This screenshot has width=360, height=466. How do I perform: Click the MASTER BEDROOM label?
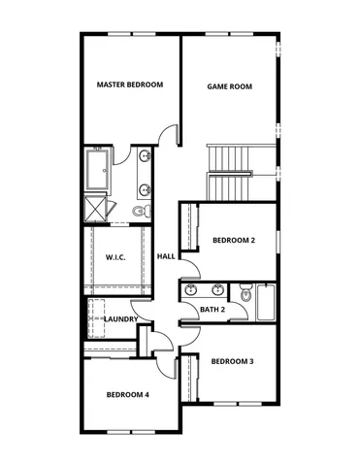[130, 85]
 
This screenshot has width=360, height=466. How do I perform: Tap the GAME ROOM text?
[230, 86]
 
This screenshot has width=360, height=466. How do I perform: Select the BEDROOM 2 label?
[233, 240]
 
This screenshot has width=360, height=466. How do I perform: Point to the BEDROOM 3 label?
[233, 361]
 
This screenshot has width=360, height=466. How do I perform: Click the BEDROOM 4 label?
[127, 394]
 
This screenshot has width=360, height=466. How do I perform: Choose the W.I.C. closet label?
[116, 257]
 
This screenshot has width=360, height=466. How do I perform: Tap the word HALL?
[166, 256]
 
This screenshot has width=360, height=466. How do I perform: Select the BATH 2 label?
[213, 310]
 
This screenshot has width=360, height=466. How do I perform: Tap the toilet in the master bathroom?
[140, 210]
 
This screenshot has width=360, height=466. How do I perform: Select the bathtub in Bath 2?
[266, 304]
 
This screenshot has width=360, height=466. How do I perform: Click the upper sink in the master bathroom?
[145, 156]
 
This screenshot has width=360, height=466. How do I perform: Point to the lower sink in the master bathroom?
[145, 188]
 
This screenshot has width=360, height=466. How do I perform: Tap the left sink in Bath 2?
[192, 289]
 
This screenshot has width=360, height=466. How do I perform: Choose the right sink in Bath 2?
[218, 289]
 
